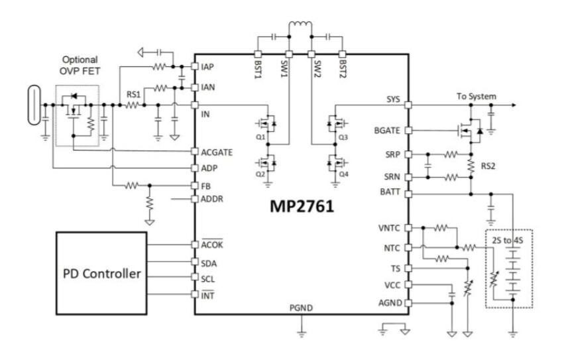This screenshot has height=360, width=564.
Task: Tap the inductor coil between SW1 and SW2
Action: click(x=300, y=28)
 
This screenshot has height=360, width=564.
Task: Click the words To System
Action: click(x=475, y=96)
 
